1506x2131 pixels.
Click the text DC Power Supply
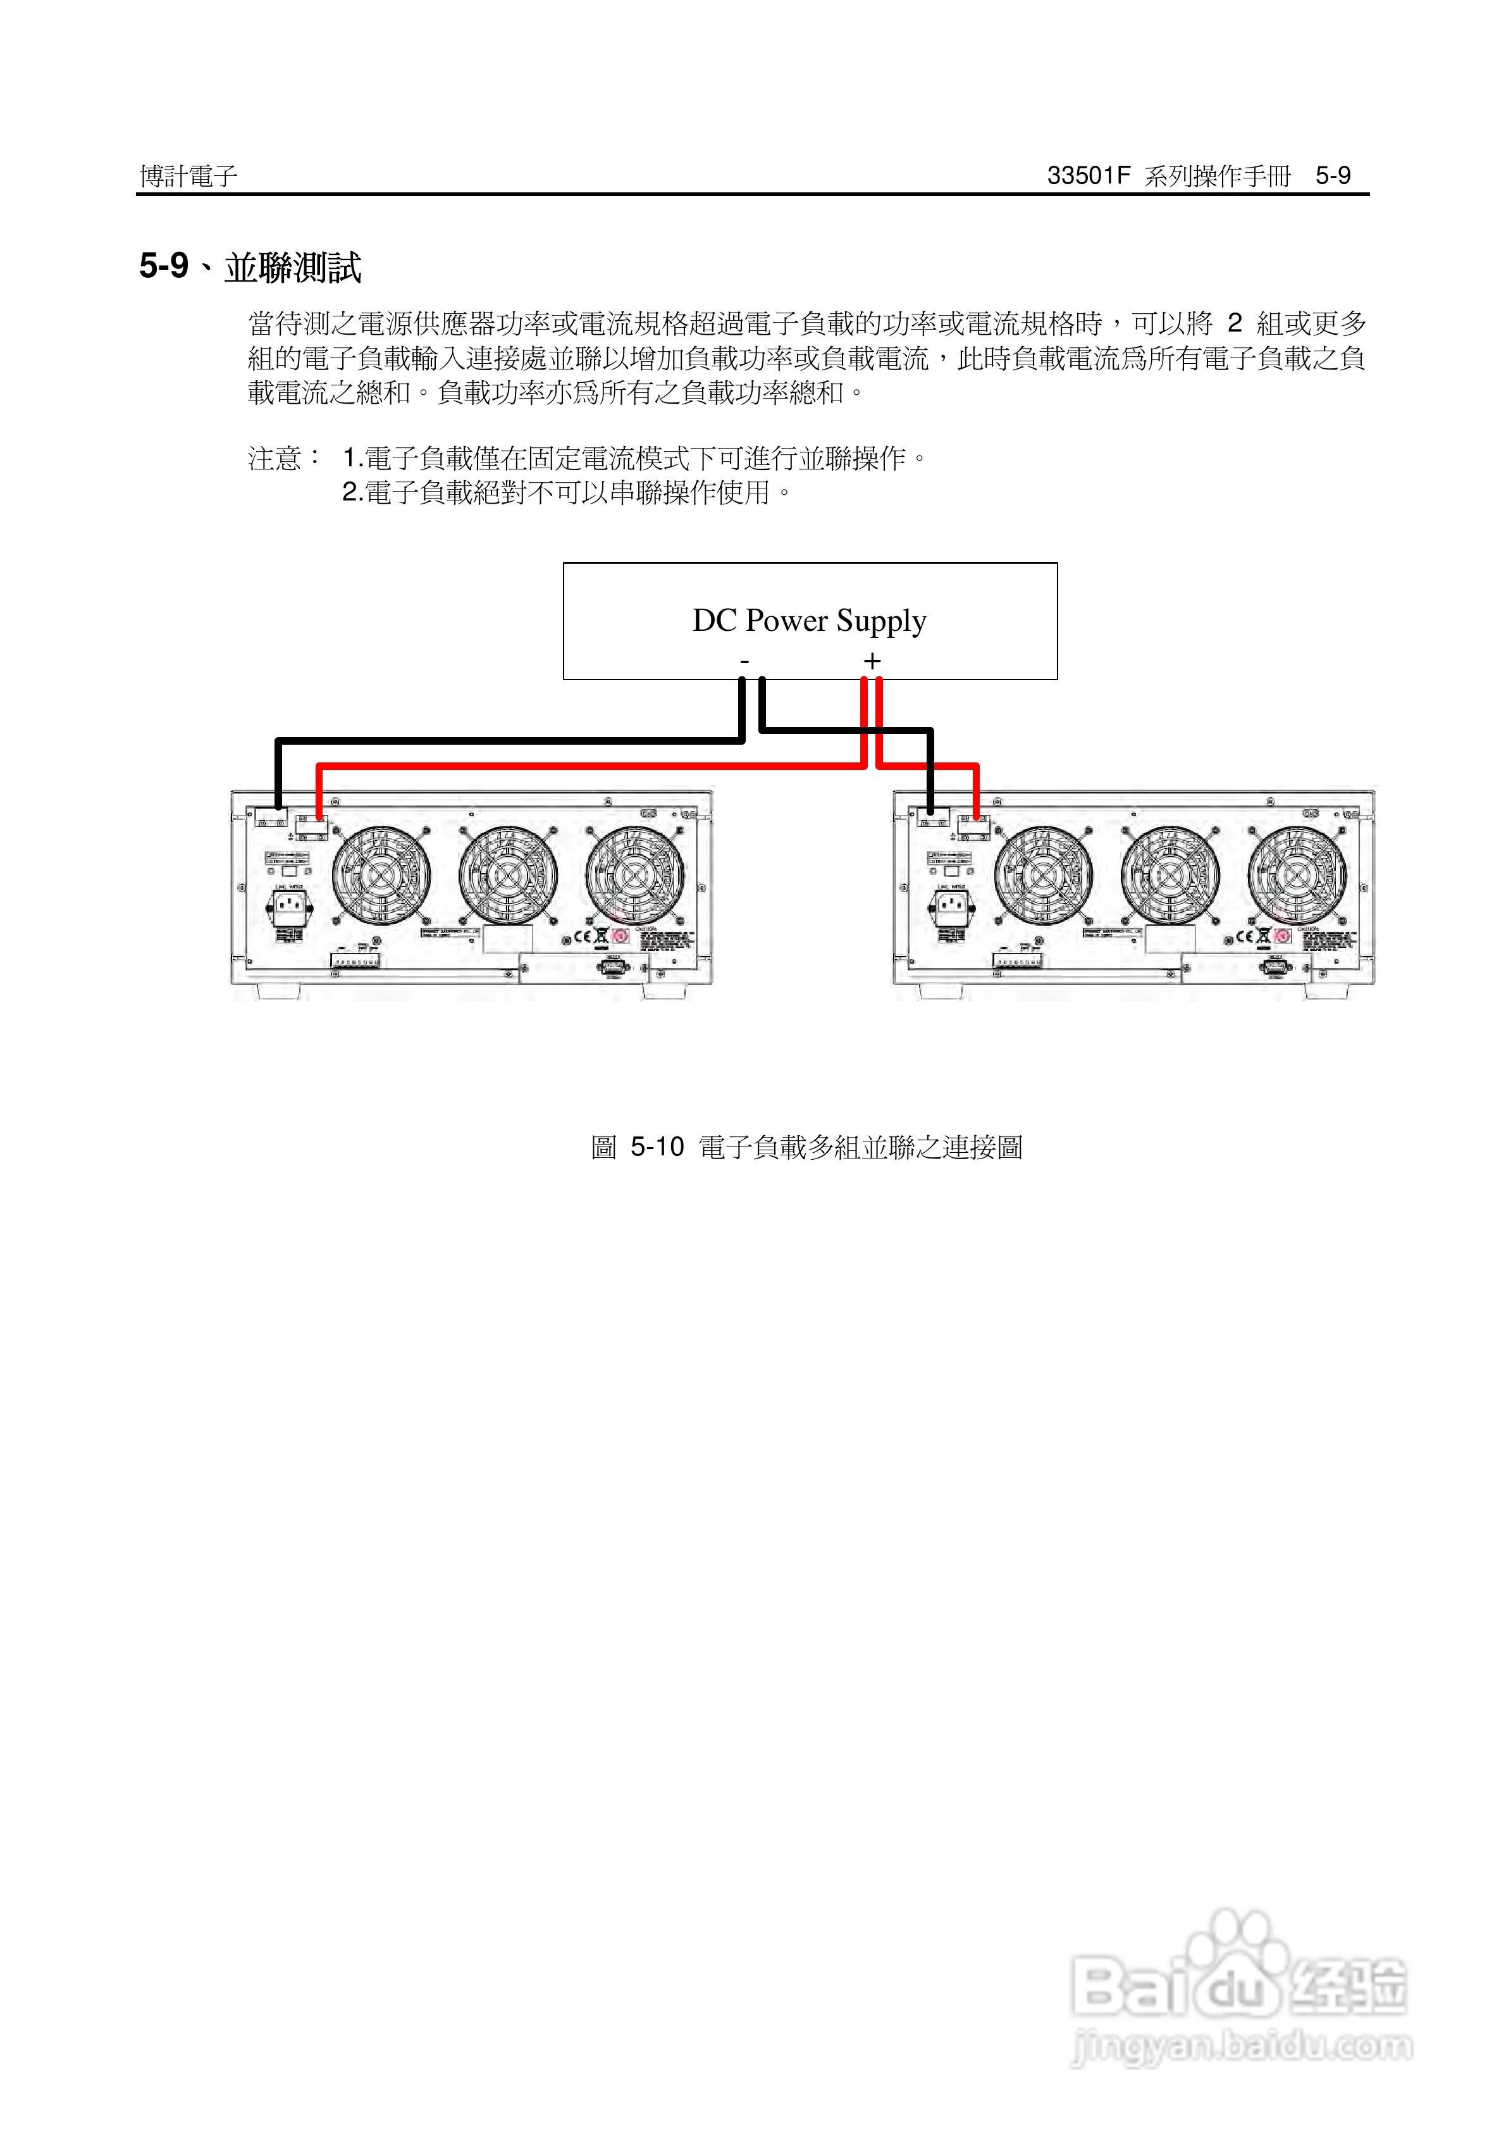coord(809,620)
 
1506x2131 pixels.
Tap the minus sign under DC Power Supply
coord(744,661)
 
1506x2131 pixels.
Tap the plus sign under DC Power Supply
coord(872,661)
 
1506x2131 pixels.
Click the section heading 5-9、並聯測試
coord(250,267)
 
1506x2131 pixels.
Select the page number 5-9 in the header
coord(1333,175)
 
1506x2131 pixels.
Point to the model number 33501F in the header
coord(1087,175)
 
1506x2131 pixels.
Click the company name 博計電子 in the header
coord(188,175)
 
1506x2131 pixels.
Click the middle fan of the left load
coord(507,875)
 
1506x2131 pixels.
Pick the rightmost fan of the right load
coord(1296,875)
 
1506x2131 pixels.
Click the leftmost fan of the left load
coord(381,875)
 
